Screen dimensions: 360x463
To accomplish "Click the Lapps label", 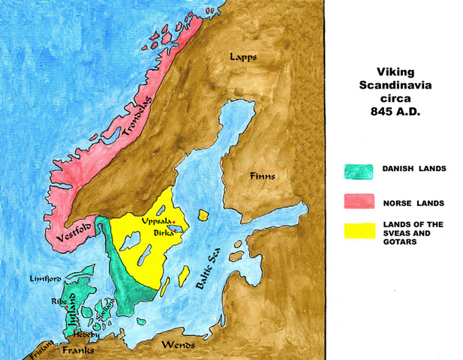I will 244,56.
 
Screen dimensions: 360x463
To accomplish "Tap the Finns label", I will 263,176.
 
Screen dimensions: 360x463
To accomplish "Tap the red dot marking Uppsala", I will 174,223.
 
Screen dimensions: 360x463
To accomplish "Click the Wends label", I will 179,345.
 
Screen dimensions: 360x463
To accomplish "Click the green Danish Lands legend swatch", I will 360,172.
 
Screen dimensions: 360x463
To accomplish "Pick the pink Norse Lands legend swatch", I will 360,201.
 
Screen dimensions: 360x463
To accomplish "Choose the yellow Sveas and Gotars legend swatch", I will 360,230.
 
